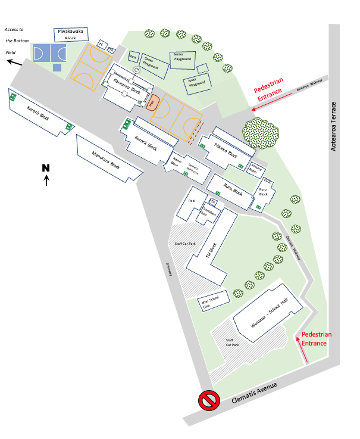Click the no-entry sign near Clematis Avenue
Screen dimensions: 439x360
coord(209,401)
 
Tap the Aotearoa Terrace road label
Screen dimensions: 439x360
coord(334,126)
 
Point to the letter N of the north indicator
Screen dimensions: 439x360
coord(46,168)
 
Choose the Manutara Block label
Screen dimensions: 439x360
coord(106,158)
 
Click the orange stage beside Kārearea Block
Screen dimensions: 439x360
coord(152,102)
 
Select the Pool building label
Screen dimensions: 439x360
coord(192,201)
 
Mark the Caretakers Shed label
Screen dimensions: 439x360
coord(209,213)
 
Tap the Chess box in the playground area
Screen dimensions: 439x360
coord(133,57)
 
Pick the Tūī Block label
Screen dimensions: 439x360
coord(209,250)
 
